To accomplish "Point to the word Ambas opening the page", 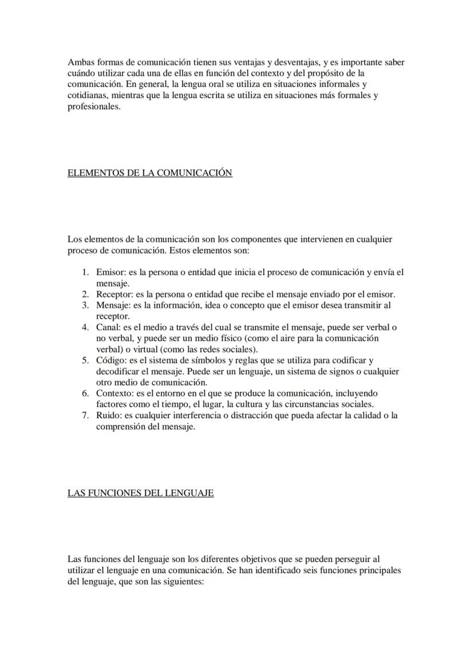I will coord(80,62).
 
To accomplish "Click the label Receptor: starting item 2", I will coord(113,295).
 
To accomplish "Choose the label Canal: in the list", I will coord(108,328).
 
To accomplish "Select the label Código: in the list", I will coord(111,360).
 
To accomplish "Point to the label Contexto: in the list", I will coord(115,394).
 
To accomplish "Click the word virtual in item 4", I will coord(135,350).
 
